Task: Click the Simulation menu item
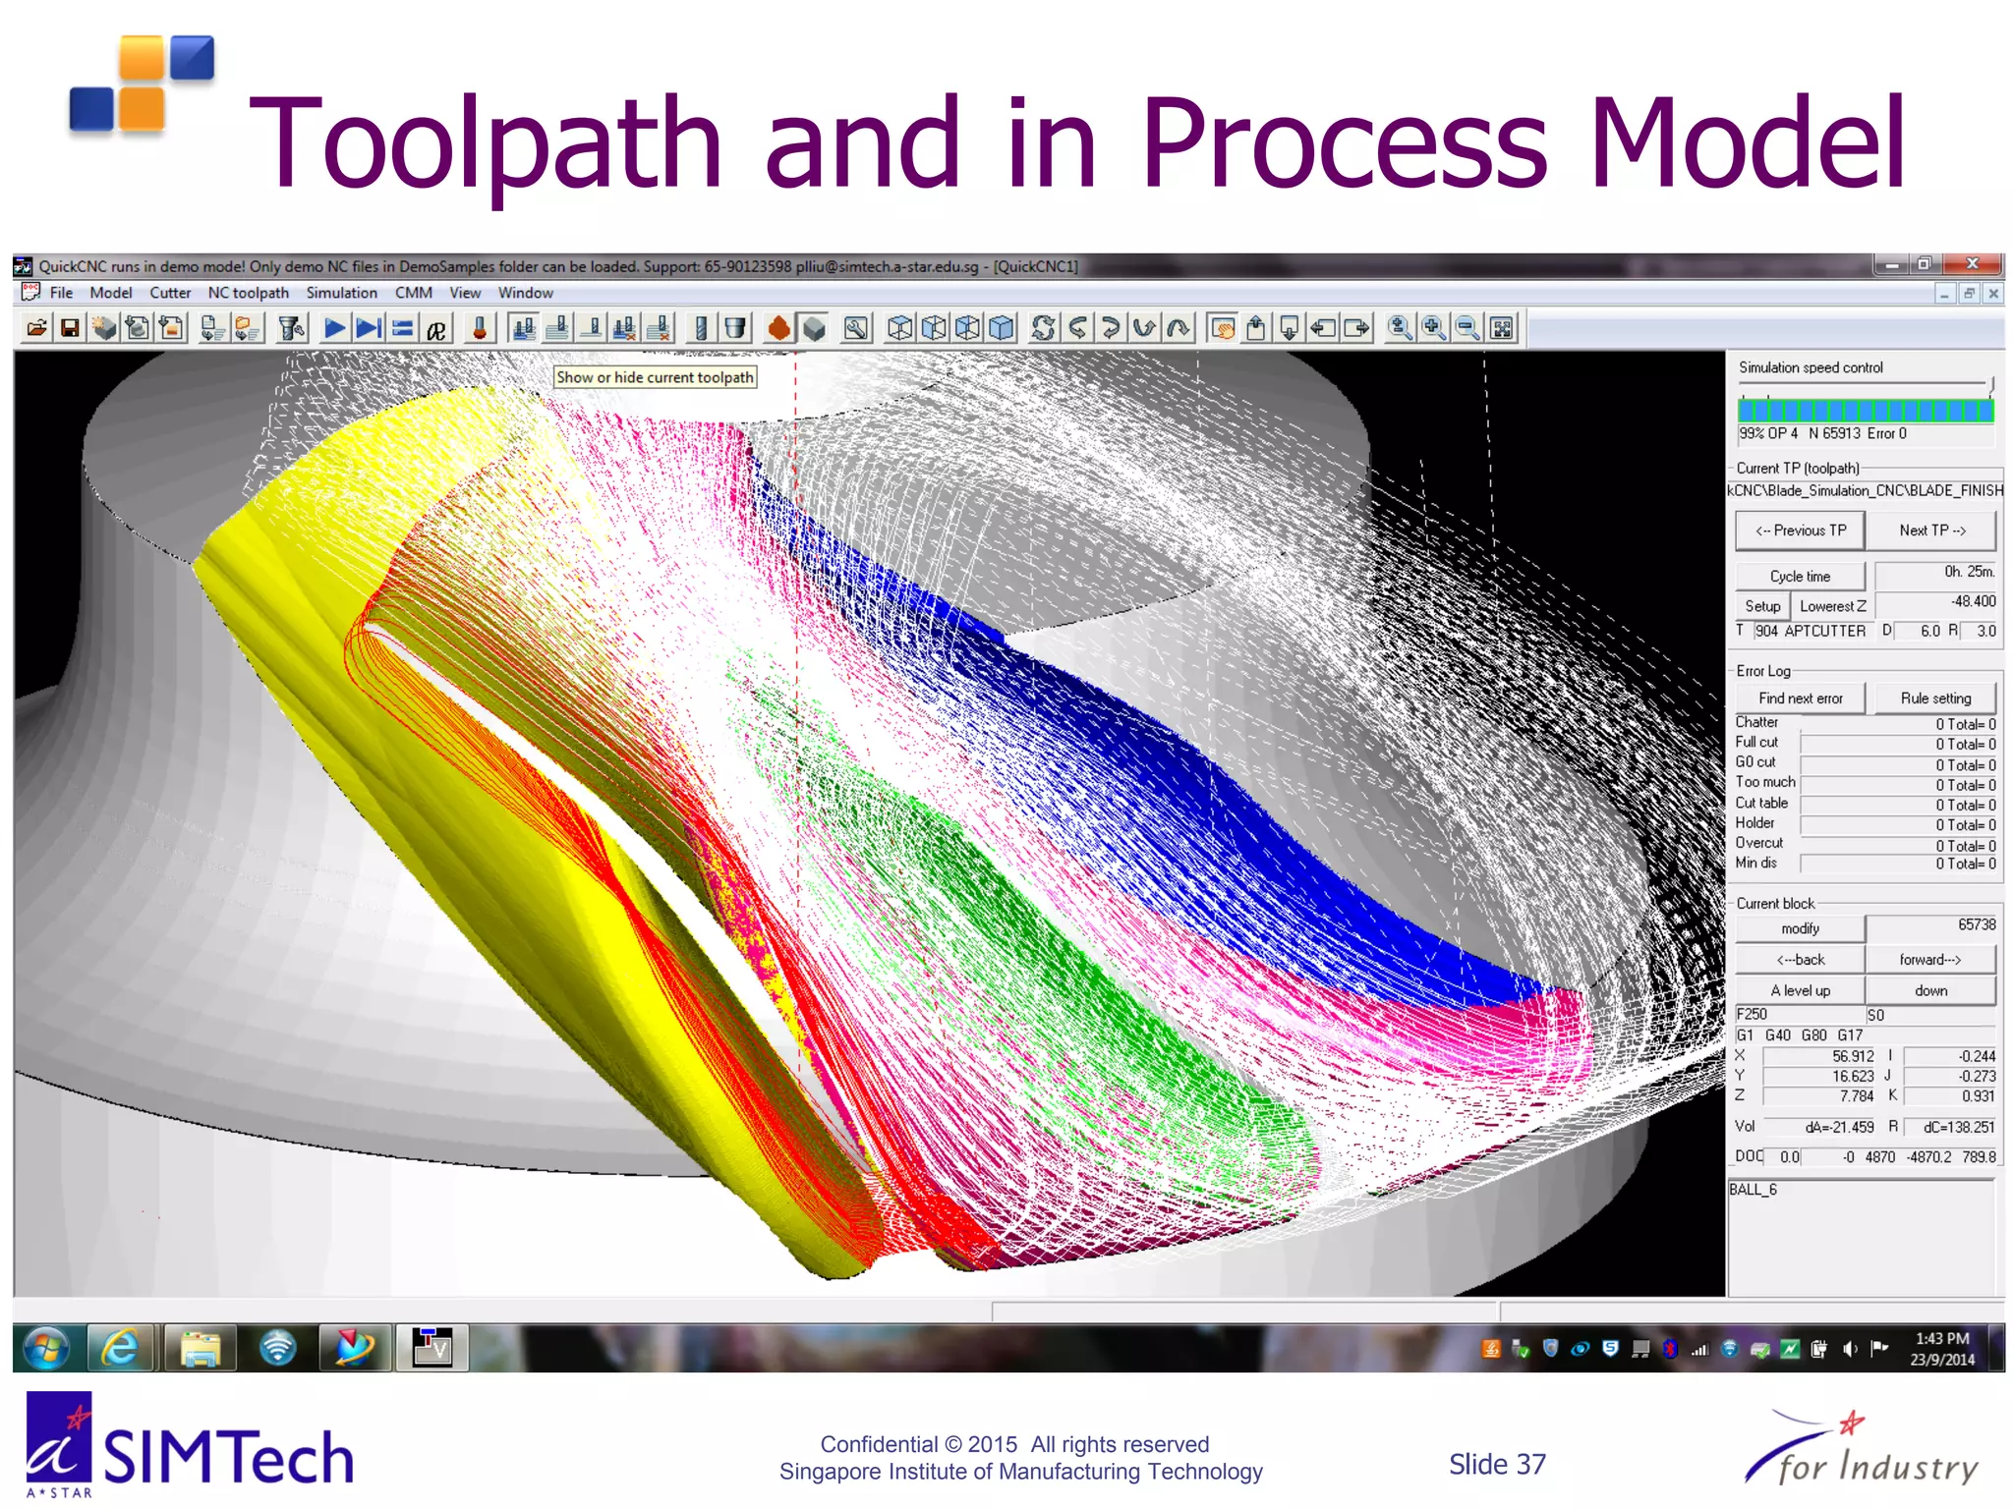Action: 341,293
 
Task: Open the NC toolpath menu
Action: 248,293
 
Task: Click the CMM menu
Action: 413,293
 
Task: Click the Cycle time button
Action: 1799,577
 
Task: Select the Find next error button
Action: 1800,699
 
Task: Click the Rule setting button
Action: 1934,699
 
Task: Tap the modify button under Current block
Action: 1799,928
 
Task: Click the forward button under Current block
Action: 1929,960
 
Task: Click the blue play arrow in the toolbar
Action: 334,328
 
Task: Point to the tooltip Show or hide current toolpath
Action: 655,377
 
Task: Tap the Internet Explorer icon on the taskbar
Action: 121,1348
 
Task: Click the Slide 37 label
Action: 1496,1465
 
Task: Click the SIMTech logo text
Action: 227,1458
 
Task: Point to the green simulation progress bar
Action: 1865,411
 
